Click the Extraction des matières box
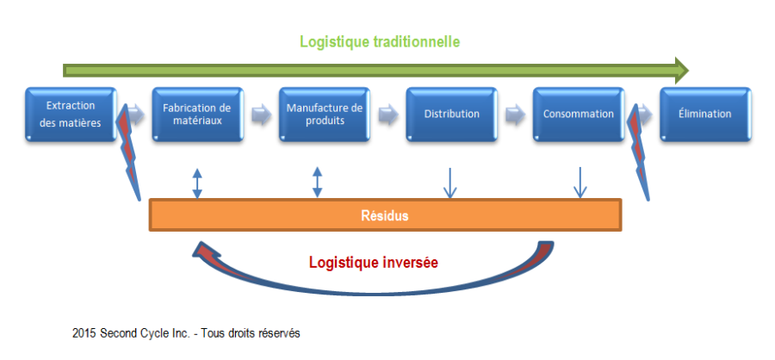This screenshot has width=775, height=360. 71,114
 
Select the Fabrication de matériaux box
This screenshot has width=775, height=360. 197,114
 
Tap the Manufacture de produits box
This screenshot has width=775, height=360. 325,114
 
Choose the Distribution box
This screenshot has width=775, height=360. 452,114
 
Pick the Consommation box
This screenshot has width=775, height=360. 579,114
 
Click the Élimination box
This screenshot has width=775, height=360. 705,114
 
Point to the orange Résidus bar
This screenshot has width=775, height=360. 385,215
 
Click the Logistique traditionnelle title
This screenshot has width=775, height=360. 379,41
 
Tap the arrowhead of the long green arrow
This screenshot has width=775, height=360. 680,67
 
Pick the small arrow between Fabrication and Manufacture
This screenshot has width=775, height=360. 260,114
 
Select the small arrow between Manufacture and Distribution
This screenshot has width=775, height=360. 387,114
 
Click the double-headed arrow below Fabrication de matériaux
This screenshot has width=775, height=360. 197,182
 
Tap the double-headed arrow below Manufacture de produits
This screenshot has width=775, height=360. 318,182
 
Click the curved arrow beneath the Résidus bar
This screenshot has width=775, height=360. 370,280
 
